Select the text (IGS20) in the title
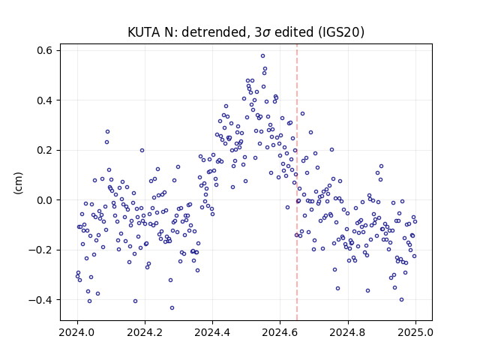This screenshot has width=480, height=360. pyautogui.click(x=341, y=32)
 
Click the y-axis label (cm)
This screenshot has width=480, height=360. pyautogui.click(x=18, y=183)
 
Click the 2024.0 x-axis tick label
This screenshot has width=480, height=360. pyautogui.click(x=77, y=332)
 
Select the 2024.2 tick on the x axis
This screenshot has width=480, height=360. pyautogui.click(x=145, y=332)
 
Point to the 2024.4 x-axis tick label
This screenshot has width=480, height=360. pyautogui.click(x=212, y=332)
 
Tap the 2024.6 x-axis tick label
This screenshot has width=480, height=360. pyautogui.click(x=280, y=332)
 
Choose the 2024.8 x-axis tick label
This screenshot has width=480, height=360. pyautogui.click(x=348, y=332)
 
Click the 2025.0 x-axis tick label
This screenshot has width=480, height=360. pyautogui.click(x=415, y=332)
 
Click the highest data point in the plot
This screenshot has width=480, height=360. pyautogui.click(x=262, y=56)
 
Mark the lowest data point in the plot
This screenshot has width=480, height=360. pyautogui.click(x=172, y=308)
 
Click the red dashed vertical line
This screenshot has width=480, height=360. pyautogui.click(x=297, y=182)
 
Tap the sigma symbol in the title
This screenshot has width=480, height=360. pyautogui.click(x=266, y=33)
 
